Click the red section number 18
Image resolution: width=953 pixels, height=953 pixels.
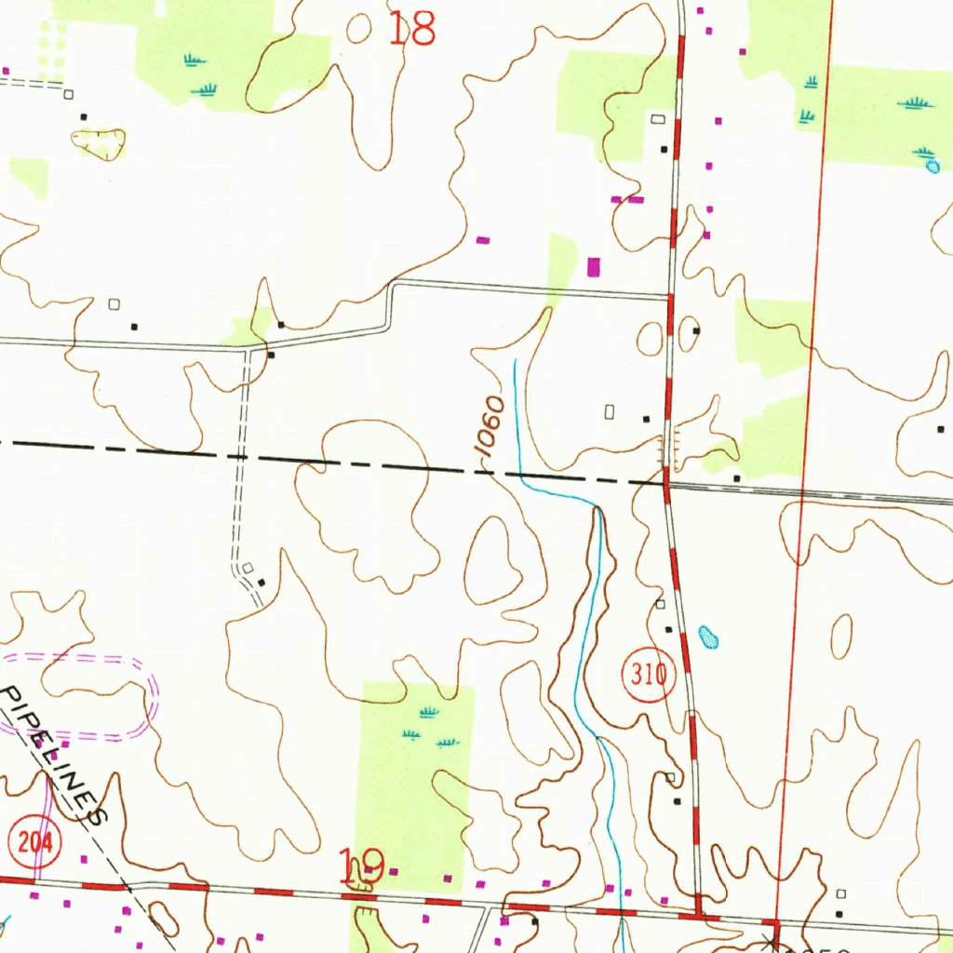(411, 30)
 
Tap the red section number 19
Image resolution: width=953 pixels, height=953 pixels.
(361, 867)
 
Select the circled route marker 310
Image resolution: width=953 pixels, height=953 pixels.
(648, 673)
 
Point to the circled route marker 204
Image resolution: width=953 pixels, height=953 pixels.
(34, 842)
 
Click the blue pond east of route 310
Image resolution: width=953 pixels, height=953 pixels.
(709, 637)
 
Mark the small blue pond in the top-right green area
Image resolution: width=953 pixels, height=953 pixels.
(933, 168)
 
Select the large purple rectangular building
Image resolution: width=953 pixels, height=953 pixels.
(595, 266)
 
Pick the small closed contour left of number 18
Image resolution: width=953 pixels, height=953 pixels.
(358, 29)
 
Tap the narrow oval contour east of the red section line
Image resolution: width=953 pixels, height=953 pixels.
(841, 637)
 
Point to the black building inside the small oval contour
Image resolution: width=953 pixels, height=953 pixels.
(696, 330)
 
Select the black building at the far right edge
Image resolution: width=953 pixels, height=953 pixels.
(936, 429)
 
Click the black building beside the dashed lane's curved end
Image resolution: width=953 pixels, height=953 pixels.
(262, 583)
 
